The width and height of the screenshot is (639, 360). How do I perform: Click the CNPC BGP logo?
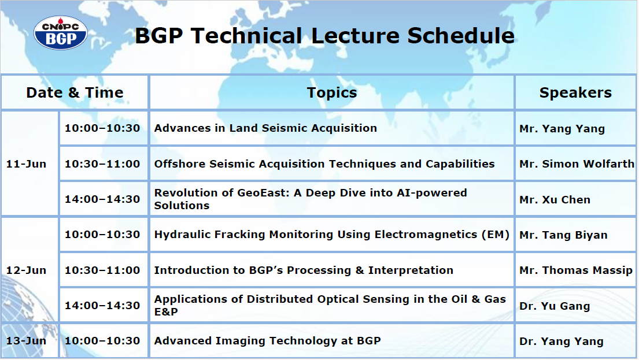pos(60,33)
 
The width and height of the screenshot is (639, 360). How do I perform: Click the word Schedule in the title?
pos(460,35)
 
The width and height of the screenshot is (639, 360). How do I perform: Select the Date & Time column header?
pos(75,93)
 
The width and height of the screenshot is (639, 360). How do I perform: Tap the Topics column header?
pos(332,93)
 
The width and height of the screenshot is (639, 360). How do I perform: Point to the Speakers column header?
pos(575,93)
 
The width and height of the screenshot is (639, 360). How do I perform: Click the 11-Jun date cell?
pos(26,164)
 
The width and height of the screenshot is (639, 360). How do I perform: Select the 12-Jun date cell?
pos(26,270)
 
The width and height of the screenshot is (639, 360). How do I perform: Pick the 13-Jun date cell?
pos(26,341)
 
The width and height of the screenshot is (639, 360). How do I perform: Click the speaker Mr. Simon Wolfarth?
pos(577,164)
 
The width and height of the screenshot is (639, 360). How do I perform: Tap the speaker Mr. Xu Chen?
pos(555,200)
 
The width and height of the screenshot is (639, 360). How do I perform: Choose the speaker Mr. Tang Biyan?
pos(563,235)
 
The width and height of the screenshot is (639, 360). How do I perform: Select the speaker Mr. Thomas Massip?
pos(576,270)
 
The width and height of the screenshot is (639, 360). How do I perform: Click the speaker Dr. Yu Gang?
pos(555,306)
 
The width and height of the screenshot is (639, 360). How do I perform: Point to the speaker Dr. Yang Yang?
pos(561,342)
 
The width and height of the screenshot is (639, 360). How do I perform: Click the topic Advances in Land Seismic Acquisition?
pos(265,128)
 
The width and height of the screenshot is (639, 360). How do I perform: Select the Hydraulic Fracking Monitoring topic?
pos(332,235)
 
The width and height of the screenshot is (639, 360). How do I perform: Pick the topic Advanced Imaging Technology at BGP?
pos(267,341)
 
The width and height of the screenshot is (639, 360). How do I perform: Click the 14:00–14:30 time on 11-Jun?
pos(102,199)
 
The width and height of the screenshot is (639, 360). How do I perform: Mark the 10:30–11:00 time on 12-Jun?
pos(102,270)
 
